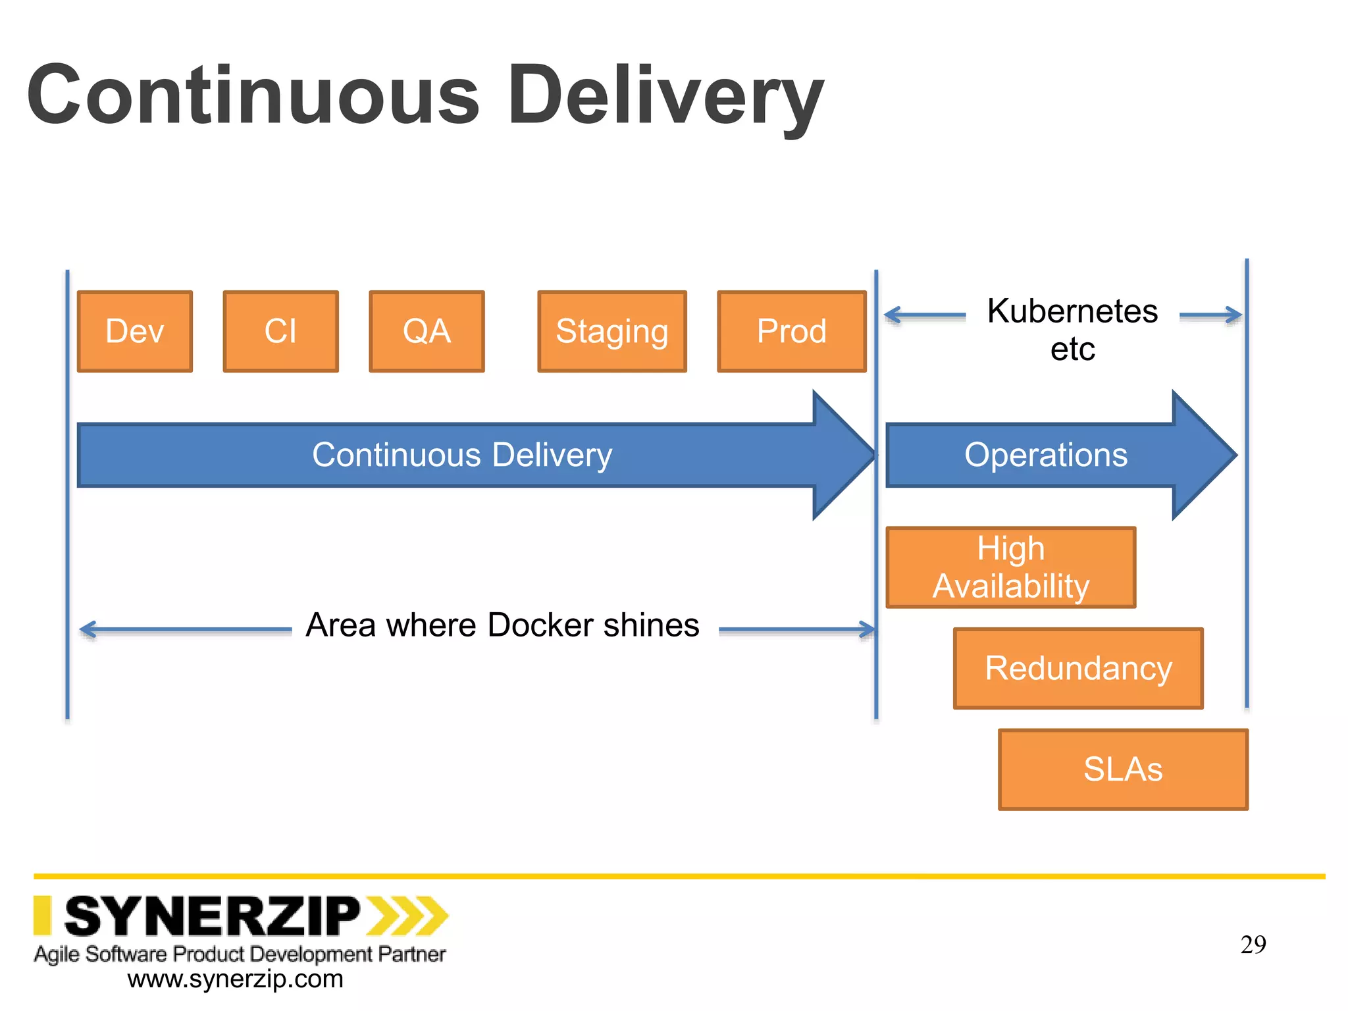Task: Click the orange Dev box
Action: (x=135, y=331)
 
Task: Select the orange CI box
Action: (x=280, y=331)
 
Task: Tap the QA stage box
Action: (x=427, y=331)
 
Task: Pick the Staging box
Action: (x=611, y=331)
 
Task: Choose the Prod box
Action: (x=791, y=331)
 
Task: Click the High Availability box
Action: (x=1010, y=567)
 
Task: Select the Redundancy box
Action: (x=1078, y=668)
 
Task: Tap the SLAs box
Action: (x=1123, y=769)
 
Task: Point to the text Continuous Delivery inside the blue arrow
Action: (x=462, y=455)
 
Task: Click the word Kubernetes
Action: (x=1072, y=311)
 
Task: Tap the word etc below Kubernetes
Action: (x=1072, y=350)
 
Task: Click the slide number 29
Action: (x=1253, y=945)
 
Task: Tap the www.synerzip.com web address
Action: (x=235, y=979)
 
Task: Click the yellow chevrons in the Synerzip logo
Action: (x=407, y=916)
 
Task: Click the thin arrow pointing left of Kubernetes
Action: (x=924, y=315)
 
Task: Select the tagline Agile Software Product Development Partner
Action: (x=240, y=954)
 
